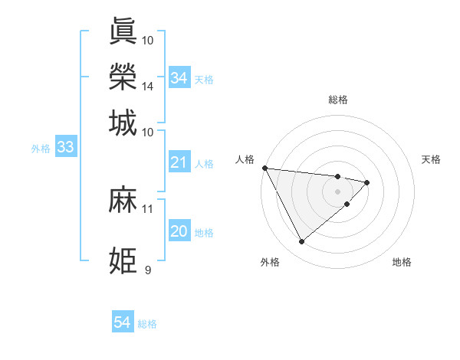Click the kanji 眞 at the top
[123, 31]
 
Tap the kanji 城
[123, 123]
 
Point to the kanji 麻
[123, 201]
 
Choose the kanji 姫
[123, 261]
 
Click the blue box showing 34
[179, 78]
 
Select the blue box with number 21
[179, 162]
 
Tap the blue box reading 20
[179, 232]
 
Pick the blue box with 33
[64, 148]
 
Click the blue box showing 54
[122, 323]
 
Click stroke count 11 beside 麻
[148, 208]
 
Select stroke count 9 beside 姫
[148, 270]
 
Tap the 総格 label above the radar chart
[337, 100]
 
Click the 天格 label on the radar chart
[431, 159]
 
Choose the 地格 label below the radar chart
[402, 262]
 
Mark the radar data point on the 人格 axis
[264, 168]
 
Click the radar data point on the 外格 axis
[301, 242]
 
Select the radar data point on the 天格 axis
[367, 182]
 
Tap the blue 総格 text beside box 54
[147, 324]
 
